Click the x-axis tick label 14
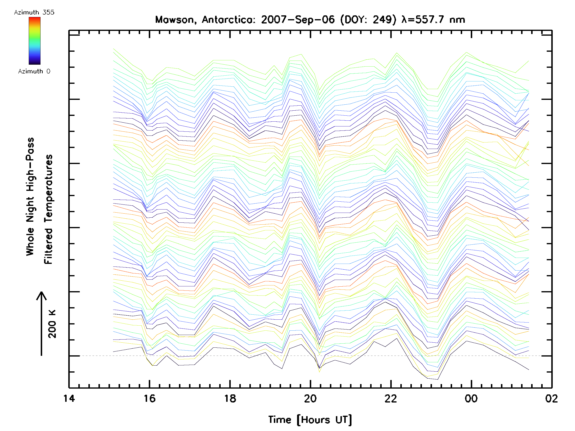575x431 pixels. pyautogui.click(x=69, y=398)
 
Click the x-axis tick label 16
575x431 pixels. pyautogui.click(x=149, y=398)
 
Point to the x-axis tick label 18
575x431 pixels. pyautogui.click(x=230, y=398)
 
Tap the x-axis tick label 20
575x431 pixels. pyautogui.click(x=310, y=398)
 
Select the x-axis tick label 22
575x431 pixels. pyautogui.click(x=391, y=398)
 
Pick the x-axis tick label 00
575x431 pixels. pyautogui.click(x=471, y=398)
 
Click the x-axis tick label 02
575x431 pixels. pyautogui.click(x=551, y=398)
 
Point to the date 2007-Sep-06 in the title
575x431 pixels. pyautogui.click(x=298, y=20)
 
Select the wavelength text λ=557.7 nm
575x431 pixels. pyautogui.click(x=433, y=20)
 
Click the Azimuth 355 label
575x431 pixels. pyautogui.click(x=34, y=12)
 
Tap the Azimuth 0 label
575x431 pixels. pyautogui.click(x=34, y=71)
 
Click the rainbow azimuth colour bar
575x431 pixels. pyautogui.click(x=34, y=41)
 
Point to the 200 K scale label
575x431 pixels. pyautogui.click(x=52, y=324)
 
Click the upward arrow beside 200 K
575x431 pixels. pyautogui.click(x=41, y=323)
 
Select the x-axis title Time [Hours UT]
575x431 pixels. pyautogui.click(x=310, y=420)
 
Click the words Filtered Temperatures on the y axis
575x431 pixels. pyautogui.click(x=48, y=210)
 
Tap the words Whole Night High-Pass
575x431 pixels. pyautogui.click(x=30, y=197)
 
